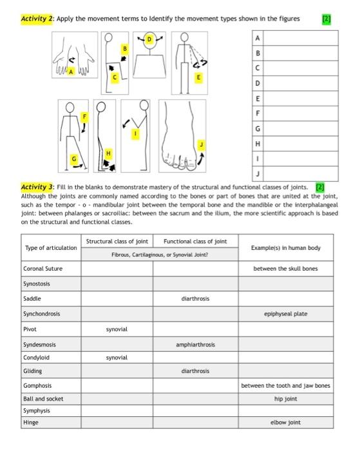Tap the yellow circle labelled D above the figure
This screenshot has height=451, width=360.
(x=150, y=40)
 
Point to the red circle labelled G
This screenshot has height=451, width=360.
(x=74, y=158)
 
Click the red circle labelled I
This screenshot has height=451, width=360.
(x=135, y=133)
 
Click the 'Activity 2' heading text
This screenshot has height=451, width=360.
(x=37, y=19)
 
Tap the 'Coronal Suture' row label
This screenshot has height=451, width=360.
(x=43, y=268)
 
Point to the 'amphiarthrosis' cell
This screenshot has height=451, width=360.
(x=194, y=345)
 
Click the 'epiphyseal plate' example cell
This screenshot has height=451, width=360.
(x=285, y=314)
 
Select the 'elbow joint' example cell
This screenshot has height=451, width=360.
(x=285, y=423)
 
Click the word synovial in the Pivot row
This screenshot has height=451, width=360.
(x=117, y=329)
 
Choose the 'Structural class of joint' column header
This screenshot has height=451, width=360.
(x=117, y=242)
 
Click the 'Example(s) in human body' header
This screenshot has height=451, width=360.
(x=285, y=248)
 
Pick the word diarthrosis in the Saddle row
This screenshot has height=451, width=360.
(x=194, y=298)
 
